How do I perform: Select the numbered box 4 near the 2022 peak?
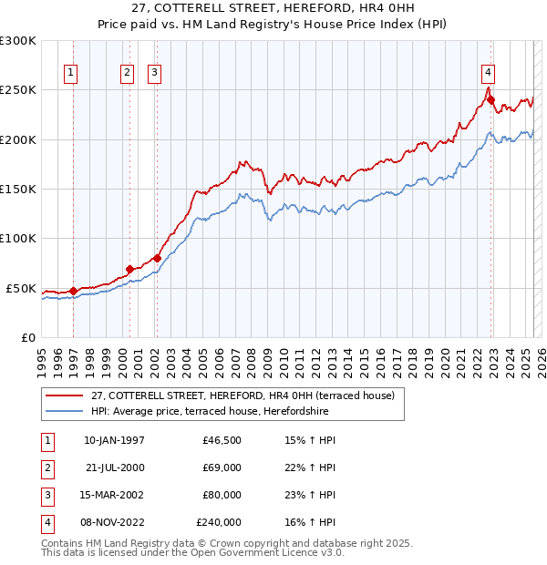[x=489, y=73]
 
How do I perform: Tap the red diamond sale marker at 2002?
[x=157, y=258]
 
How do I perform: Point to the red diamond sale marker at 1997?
[x=73, y=291]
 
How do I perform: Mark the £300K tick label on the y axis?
[x=18, y=41]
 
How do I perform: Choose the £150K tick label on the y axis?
[x=18, y=190]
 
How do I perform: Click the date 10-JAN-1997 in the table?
[x=114, y=440]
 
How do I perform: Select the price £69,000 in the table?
[x=221, y=467]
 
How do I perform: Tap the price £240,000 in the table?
[x=219, y=522]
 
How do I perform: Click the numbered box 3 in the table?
[x=46, y=495]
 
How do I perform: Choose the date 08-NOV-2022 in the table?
[x=114, y=522]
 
